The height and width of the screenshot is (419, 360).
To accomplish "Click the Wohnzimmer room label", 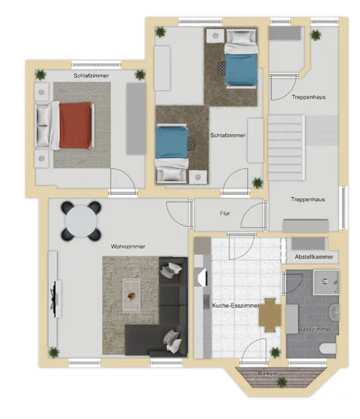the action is coord(128,247).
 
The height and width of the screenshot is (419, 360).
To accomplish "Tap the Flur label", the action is coord(225,213).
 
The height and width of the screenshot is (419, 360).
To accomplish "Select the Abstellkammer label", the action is coord(314,257).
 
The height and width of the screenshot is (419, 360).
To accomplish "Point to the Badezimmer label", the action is coord(315,329).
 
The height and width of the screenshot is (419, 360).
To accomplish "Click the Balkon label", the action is coord(267,373).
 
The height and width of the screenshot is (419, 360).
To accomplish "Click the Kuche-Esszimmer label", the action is coord(236,305).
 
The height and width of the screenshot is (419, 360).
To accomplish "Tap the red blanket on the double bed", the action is coord(75,126).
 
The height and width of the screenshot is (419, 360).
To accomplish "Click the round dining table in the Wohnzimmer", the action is coord(81,221).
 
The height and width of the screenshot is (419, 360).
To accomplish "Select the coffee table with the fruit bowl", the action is coord(131,296).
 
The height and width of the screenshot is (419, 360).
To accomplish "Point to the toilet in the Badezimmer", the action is coord(328,348).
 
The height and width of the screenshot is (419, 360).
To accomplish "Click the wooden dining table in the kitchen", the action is coord(270,315).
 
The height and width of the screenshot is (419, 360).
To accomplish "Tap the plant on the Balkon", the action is coord(282,383).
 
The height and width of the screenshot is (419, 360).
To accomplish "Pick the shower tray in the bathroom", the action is coord(326,282).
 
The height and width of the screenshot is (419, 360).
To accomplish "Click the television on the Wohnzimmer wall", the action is coord(55,299).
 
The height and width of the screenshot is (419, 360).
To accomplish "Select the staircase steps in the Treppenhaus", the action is coord(287,147).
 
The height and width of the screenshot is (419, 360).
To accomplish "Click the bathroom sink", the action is coord(334,313).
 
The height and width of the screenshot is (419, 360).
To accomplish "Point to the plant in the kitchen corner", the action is coord(275,353).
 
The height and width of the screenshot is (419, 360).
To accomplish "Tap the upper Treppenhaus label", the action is coord(309,97).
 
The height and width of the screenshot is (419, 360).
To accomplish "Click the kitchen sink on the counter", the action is coord(206,302).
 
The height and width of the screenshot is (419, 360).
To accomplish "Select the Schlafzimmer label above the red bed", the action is coord(91,75).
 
